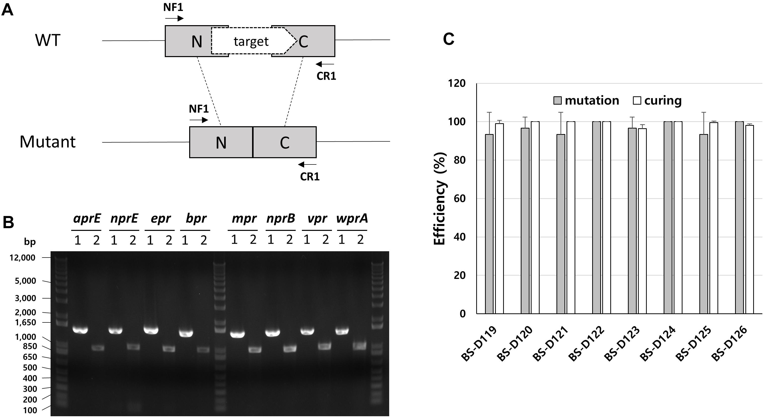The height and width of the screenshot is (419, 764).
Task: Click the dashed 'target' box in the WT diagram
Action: tap(251, 41)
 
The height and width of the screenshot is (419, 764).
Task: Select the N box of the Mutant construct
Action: tap(221, 142)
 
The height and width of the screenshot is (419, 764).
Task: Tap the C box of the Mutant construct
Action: tap(285, 142)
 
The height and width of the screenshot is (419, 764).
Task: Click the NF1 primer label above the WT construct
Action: tap(173, 7)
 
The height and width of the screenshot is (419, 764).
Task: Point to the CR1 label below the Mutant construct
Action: tap(310, 177)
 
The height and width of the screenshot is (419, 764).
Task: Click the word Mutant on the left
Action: tap(48, 142)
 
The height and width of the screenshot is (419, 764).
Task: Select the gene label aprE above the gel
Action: tap(87, 219)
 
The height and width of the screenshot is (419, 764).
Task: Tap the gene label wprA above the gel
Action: tap(352, 219)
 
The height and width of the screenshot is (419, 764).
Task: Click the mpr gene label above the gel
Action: tap(244, 219)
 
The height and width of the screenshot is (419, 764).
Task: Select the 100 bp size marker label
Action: tap(30, 410)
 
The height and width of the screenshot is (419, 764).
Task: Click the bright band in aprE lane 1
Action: tap(80, 330)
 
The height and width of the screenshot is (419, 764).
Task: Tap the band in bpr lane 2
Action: tap(204, 350)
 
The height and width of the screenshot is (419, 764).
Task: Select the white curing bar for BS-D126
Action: tap(749, 219)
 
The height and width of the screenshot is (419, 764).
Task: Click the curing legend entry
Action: tap(657, 101)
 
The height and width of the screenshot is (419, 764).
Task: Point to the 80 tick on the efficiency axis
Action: tap(459, 160)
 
